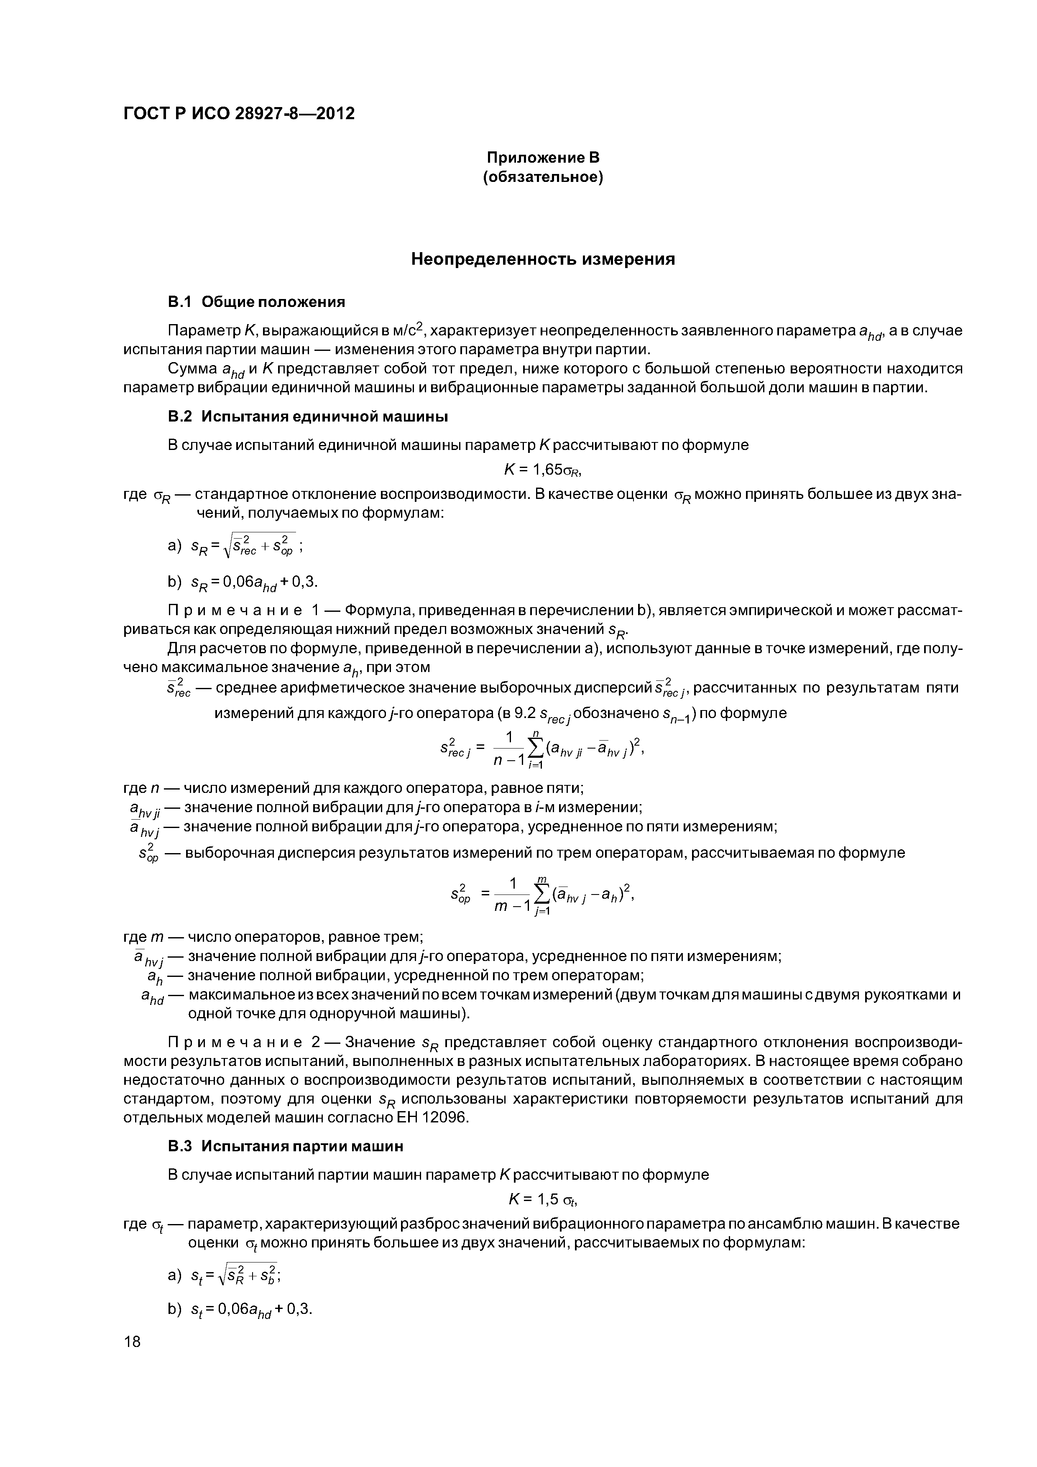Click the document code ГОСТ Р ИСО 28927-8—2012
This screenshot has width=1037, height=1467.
click(238, 114)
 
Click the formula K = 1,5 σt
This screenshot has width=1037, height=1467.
click(542, 1199)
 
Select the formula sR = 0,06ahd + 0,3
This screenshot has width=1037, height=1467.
click(254, 582)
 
